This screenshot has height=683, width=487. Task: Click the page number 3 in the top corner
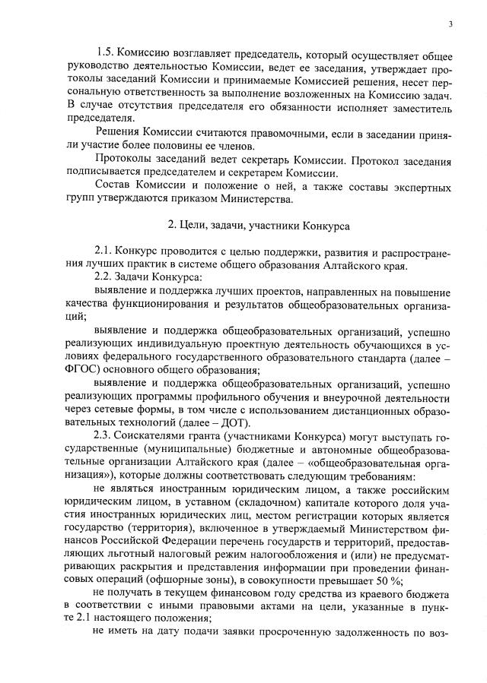coord(450,24)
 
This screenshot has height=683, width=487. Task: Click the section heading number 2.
coord(171,227)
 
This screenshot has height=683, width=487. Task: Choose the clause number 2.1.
coord(103,253)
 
